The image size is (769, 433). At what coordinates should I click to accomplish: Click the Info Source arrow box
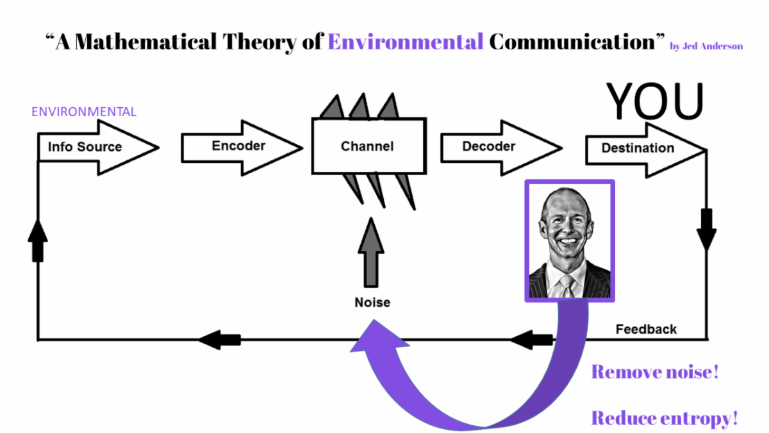[x=90, y=148]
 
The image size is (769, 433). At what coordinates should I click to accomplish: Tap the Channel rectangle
[x=368, y=146]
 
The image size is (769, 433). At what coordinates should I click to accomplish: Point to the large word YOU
[x=655, y=101]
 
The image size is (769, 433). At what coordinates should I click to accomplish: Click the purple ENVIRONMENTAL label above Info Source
[x=84, y=112]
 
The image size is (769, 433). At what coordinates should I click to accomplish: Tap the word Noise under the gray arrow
[x=372, y=302]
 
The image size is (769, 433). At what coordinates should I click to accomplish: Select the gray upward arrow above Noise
[x=371, y=252]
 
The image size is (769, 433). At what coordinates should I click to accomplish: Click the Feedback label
[x=646, y=330]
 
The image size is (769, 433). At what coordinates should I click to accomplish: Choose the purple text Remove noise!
[x=654, y=372]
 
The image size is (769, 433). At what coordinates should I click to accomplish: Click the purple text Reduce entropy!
[x=664, y=419]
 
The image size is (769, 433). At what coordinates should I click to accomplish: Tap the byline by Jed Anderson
[x=706, y=46]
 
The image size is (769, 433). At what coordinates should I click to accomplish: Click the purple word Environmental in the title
[x=406, y=42]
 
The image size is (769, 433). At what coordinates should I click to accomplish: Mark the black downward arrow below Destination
[x=707, y=230]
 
